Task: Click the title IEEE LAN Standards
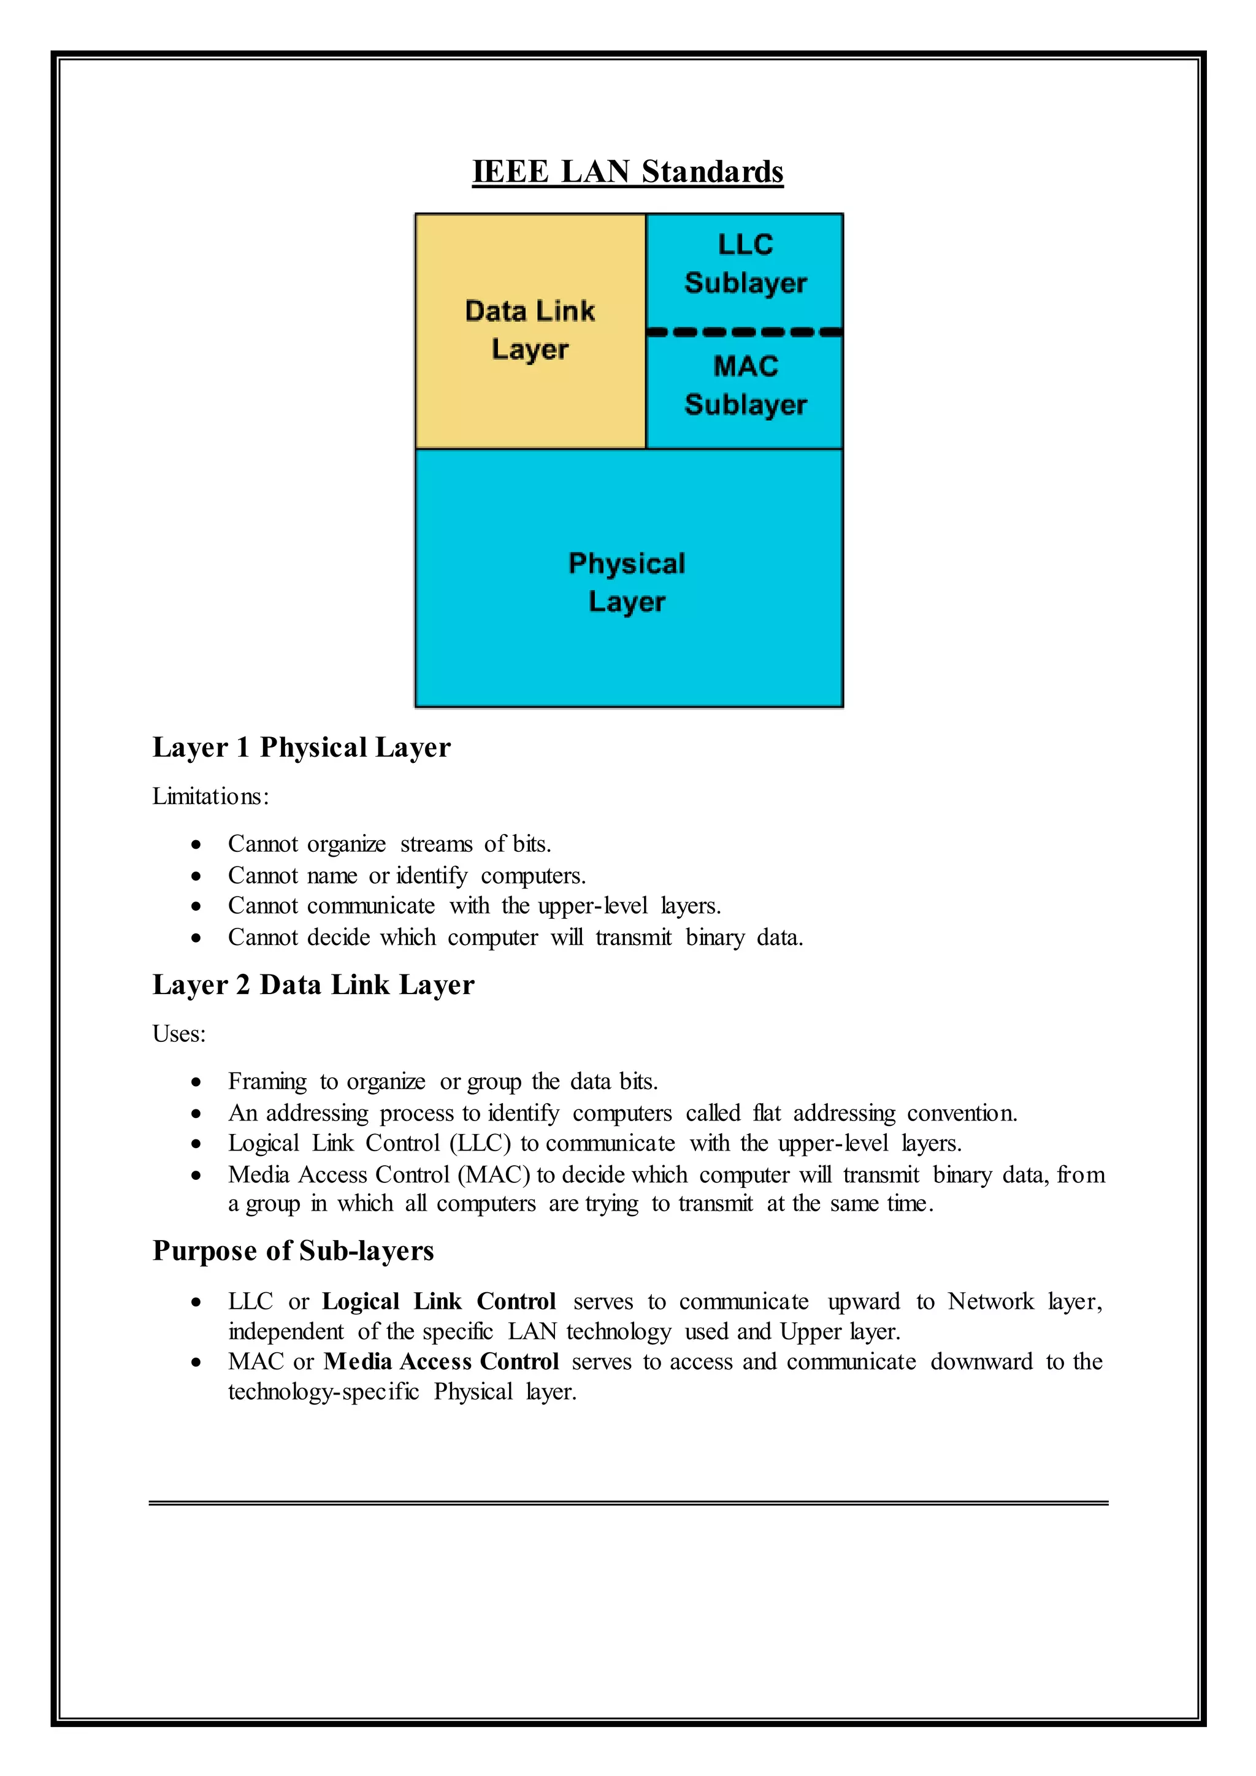click(627, 172)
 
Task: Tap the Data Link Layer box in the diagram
click(530, 331)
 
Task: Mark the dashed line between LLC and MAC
click(744, 332)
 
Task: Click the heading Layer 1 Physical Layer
click(301, 747)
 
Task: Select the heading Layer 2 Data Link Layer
click(313, 985)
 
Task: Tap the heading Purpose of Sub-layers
click(293, 1251)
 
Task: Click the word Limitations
click(209, 796)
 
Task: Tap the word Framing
click(267, 1081)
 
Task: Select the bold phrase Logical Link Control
click(438, 1301)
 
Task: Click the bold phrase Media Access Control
click(441, 1361)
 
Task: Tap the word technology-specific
click(323, 1391)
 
